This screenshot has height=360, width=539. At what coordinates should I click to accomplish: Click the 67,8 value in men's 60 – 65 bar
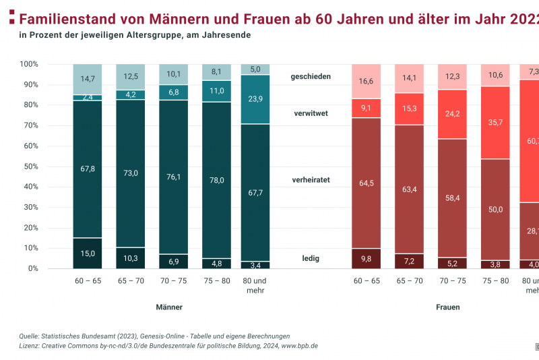point(88,169)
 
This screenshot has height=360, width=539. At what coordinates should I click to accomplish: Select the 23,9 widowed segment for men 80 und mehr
point(255,99)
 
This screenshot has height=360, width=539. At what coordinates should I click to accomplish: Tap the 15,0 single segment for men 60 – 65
point(88,253)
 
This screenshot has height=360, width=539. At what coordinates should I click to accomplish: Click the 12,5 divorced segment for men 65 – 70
point(131,77)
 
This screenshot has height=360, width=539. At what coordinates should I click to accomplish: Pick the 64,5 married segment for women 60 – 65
point(366,183)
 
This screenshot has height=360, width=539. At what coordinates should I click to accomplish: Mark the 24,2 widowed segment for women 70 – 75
point(452,114)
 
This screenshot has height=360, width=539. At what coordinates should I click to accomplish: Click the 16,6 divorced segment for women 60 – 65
point(366,81)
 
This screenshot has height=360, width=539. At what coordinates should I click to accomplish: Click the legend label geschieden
point(311,77)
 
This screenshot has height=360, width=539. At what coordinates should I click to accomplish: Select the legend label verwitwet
point(311,114)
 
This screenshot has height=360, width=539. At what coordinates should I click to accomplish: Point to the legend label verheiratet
point(311,181)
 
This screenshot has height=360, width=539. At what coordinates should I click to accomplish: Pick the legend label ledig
point(311,258)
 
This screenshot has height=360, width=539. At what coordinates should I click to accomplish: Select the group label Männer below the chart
point(169,307)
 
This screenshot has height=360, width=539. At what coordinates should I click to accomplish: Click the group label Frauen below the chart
point(447,307)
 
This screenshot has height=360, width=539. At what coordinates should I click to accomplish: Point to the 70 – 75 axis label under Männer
point(174,280)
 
